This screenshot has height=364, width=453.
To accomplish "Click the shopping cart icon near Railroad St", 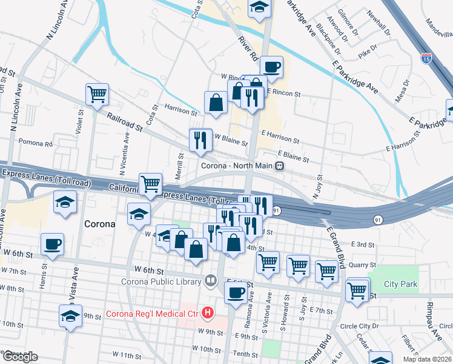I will [x=97, y=94].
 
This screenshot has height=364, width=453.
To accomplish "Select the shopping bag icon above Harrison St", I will [x=216, y=103].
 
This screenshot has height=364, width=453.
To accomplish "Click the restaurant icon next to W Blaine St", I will [x=200, y=140].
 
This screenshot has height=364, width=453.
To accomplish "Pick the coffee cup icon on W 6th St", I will [x=52, y=244].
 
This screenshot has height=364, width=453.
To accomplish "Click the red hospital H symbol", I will [x=208, y=314].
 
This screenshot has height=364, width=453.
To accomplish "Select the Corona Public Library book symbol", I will [x=210, y=280].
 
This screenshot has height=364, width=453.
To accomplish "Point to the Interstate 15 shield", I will [x=426, y=59].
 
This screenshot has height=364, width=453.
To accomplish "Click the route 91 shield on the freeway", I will [x=276, y=211].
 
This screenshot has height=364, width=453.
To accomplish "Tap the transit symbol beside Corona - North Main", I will [x=280, y=166].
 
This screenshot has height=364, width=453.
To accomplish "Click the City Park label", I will [x=400, y=284].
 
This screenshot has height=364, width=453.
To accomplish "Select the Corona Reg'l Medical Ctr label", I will [x=153, y=314].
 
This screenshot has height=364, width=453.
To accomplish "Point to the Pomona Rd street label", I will [x=36, y=143].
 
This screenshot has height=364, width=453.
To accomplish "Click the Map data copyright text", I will [x=426, y=359].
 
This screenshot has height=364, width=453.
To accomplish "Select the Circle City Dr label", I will [x=360, y=326].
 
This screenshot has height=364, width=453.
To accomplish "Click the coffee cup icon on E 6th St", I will [x=235, y=292].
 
